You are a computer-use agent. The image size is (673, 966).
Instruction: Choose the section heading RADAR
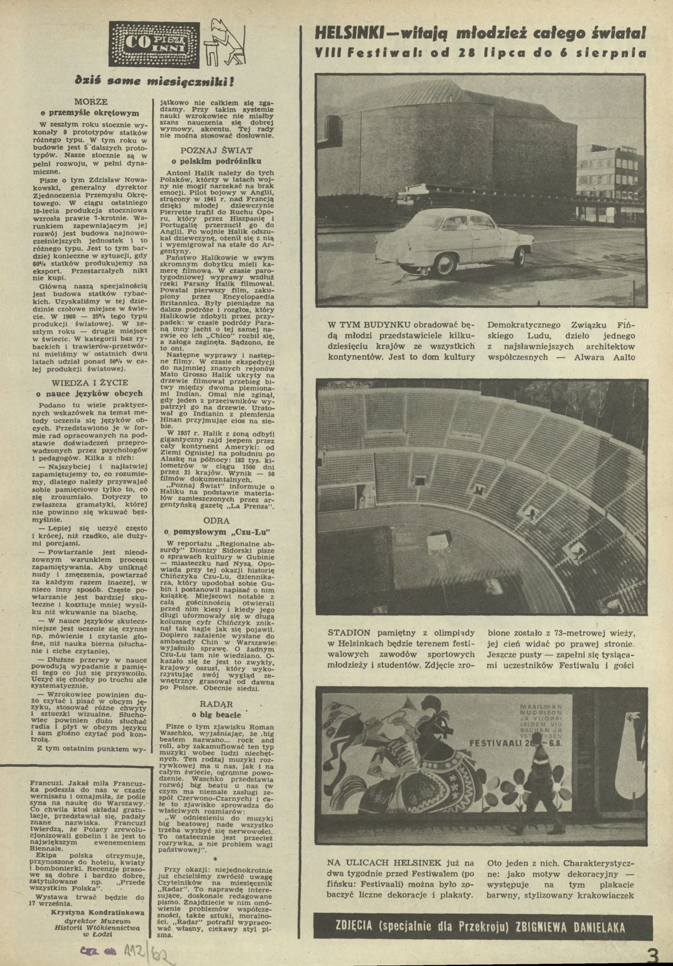[x=216, y=703]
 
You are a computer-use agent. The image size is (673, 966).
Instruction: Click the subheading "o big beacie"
[x=216, y=715]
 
